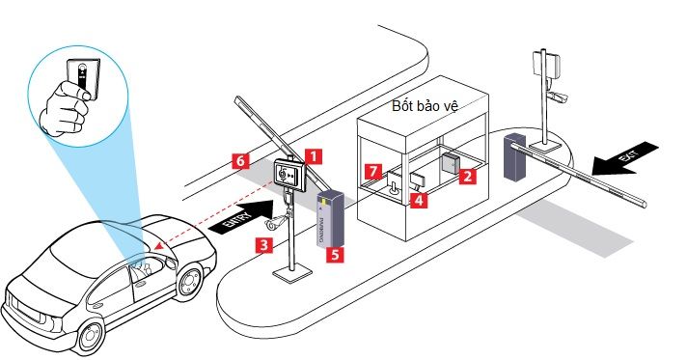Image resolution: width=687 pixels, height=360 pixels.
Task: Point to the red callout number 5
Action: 334,256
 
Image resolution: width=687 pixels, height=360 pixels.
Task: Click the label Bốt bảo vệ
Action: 425,105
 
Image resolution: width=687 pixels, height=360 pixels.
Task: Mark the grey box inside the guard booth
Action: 451,162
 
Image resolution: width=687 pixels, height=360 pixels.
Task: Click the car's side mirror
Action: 170,259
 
